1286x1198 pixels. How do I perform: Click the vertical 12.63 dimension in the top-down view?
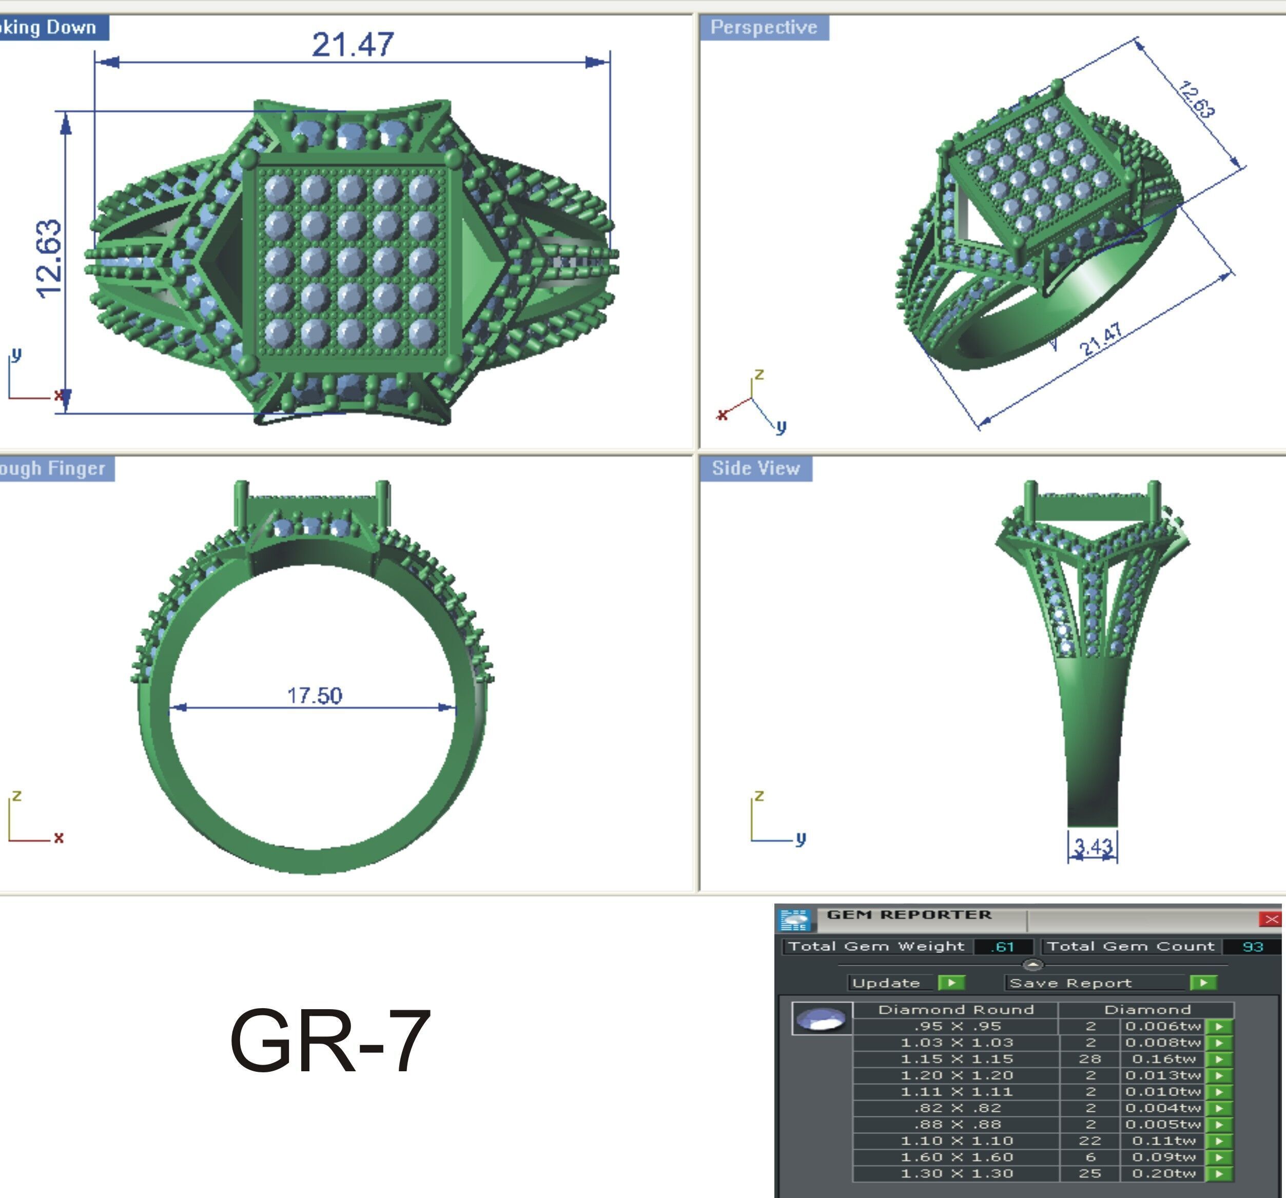[49, 259]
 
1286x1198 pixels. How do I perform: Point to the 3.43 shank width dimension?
[1093, 846]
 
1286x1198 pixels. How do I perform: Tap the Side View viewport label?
[755, 468]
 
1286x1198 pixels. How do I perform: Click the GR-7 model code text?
[330, 1042]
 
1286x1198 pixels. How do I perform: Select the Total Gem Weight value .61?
[1003, 947]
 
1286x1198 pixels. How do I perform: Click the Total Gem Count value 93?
[1252, 947]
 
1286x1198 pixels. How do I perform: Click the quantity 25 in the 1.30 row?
[1089, 1173]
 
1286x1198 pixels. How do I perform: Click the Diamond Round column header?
[956, 1010]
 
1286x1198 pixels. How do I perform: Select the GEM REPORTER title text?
[909, 915]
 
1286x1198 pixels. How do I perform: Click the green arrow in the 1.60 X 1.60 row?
[1219, 1157]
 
